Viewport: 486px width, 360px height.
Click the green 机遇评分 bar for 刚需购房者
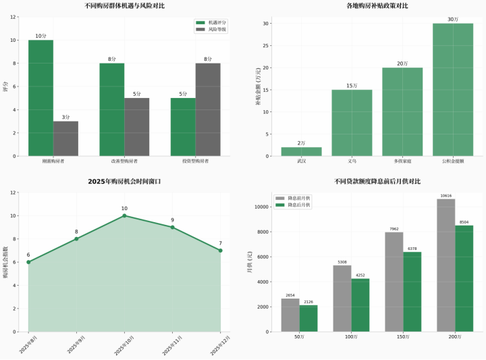40,98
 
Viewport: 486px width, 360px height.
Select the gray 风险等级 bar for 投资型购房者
208,109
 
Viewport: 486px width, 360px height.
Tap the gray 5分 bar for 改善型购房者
136,127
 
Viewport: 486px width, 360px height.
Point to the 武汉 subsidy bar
301,152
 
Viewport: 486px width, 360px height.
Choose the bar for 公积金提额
453,90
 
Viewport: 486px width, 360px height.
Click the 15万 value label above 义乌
352,86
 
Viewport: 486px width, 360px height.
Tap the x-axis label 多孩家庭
402,161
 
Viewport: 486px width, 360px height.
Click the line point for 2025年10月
124,216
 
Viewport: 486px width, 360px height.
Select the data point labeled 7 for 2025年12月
220,251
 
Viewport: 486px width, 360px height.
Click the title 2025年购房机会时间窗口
124,182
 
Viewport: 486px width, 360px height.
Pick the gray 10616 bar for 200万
446,265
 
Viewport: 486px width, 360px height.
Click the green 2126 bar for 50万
308,319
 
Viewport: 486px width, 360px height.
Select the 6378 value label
412,248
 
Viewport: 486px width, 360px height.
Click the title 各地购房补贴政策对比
377,5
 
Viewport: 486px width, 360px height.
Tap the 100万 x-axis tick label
351,336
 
